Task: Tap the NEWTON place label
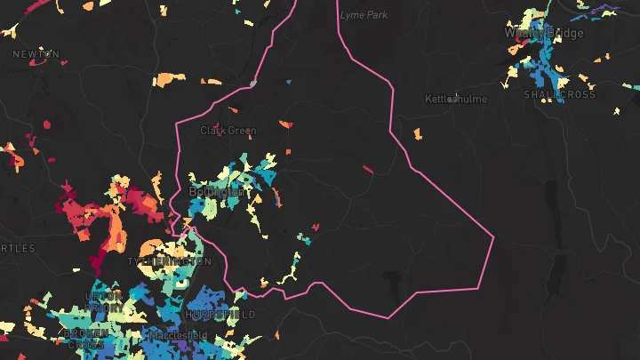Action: point(36,54)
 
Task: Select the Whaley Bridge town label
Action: point(544,33)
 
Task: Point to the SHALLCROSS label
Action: point(559,94)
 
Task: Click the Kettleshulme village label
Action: point(456,99)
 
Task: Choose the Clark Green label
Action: point(228,131)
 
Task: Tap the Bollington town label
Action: point(217,191)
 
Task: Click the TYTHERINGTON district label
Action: point(169,262)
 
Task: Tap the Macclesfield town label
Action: point(178,335)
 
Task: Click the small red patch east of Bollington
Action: point(368,168)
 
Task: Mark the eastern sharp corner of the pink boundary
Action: point(492,237)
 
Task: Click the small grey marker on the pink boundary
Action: point(253,84)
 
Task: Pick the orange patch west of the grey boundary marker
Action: point(165,80)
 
